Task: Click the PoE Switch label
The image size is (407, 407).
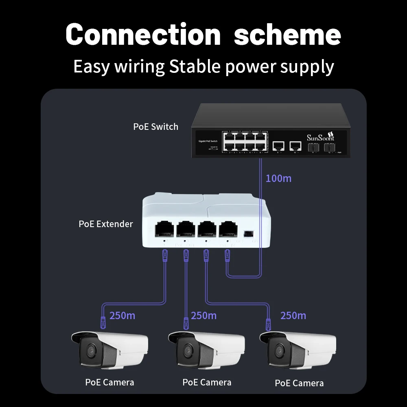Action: coord(155,127)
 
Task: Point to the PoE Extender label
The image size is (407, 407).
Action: coord(106,224)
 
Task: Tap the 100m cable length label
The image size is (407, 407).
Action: coord(278,178)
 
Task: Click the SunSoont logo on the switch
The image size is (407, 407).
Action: coord(320,136)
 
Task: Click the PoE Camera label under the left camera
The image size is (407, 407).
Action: coord(109,382)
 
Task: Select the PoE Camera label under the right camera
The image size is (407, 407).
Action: coord(299,383)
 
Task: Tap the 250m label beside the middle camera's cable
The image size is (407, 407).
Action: coord(203,315)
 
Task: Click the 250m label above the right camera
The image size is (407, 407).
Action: coord(293,315)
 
